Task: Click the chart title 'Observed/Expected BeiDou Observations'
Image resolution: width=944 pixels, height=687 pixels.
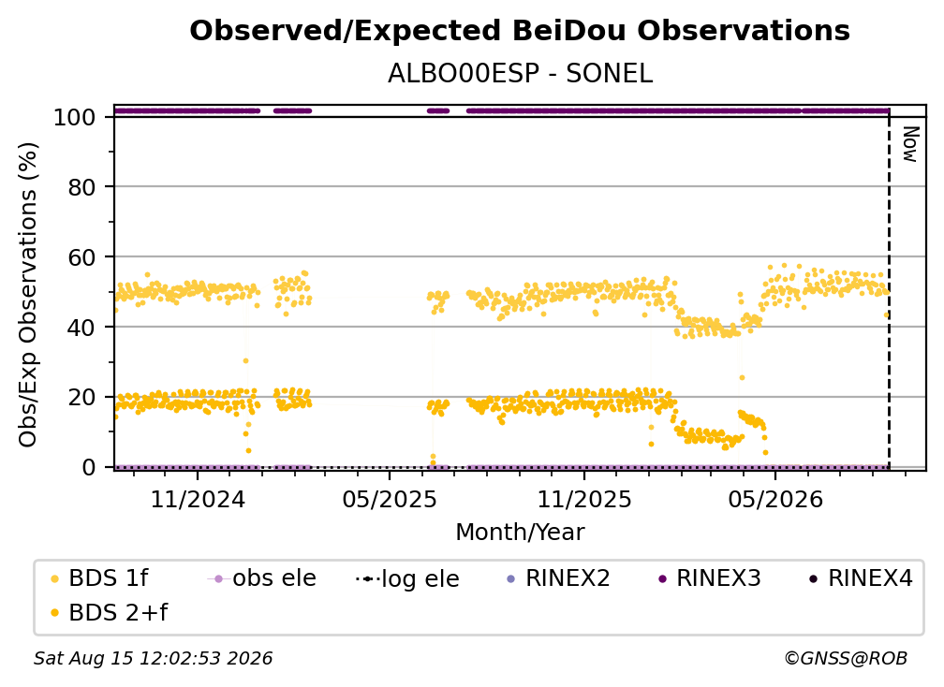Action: click(x=520, y=31)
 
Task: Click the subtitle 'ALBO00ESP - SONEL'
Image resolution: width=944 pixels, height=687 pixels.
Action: click(x=520, y=74)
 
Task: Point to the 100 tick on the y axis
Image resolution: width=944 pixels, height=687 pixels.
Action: click(x=74, y=117)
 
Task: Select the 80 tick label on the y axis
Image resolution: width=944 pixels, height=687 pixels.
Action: click(x=81, y=187)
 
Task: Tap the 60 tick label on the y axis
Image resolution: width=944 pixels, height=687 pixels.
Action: click(x=81, y=257)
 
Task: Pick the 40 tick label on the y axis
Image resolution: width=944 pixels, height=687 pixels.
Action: click(x=81, y=328)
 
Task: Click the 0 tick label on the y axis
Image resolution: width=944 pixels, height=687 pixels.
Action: click(x=88, y=467)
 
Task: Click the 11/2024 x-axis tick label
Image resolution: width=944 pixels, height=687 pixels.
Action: click(x=198, y=499)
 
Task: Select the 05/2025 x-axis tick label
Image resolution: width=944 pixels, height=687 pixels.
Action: click(x=390, y=499)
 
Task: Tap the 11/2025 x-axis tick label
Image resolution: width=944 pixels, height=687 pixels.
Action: click(x=584, y=499)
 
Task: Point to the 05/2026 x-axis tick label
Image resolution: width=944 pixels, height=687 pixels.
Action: click(x=775, y=499)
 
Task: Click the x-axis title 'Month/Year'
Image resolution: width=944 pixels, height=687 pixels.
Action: click(x=520, y=533)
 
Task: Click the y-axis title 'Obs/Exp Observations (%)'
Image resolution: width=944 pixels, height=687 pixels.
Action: click(x=28, y=295)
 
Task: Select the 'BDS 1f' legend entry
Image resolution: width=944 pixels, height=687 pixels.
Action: click(x=99, y=578)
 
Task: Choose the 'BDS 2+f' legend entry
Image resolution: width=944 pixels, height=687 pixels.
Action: click(x=109, y=612)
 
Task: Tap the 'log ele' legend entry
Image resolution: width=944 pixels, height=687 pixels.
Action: click(x=407, y=578)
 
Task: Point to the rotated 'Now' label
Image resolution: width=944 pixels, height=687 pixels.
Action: click(x=910, y=144)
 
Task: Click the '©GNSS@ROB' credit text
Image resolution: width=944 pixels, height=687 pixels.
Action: click(x=846, y=659)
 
